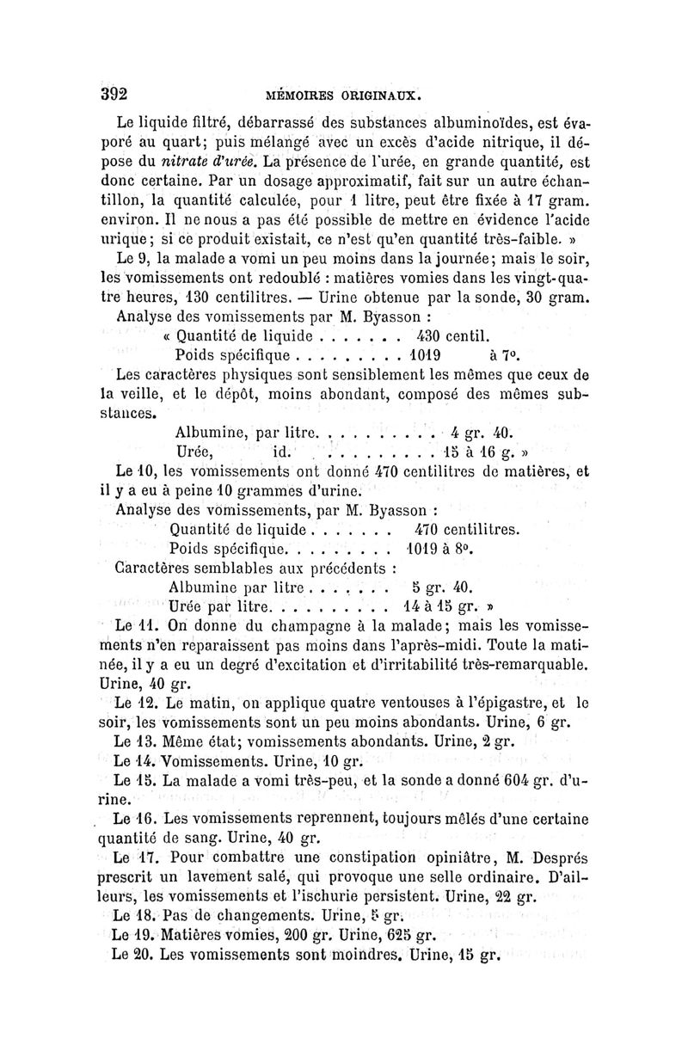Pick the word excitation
[304, 665]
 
